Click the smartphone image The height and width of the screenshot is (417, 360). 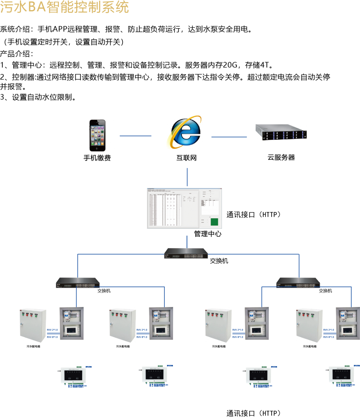(97, 135)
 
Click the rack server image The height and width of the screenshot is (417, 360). (281, 132)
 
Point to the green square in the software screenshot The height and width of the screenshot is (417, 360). (214, 222)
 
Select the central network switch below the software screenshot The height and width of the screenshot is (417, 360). (186, 254)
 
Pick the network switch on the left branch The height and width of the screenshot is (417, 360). (78, 283)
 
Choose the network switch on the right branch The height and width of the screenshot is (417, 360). (298, 283)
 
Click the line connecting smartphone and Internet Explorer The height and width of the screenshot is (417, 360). (135, 136)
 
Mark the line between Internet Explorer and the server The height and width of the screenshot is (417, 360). (229, 137)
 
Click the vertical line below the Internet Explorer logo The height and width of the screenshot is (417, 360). (187, 177)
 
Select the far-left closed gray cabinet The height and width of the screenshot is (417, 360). (33, 325)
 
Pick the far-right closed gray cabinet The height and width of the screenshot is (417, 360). (310, 325)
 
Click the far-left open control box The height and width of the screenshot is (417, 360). (72, 323)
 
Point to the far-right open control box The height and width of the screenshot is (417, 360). (348, 323)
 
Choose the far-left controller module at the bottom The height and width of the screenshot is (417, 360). (73, 375)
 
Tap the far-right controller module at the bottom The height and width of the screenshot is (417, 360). (341, 374)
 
